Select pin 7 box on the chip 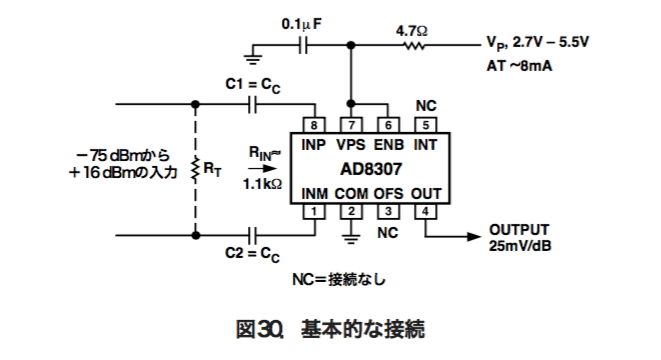tap(350, 125)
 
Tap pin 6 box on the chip tap(388, 125)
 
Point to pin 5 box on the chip tap(425, 125)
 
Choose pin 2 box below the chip tap(350, 211)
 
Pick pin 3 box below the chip tap(388, 211)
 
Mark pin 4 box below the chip tap(425, 211)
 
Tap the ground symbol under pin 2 tap(350, 236)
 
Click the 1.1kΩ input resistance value tap(260, 184)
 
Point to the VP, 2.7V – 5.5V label tap(541, 45)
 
